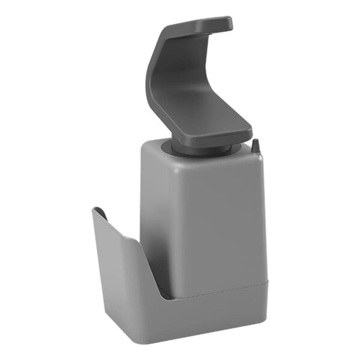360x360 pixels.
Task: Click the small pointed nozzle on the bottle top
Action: (x=256, y=146)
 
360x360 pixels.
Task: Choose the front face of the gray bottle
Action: (x=216, y=222)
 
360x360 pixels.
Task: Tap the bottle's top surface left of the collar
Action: (x=157, y=144)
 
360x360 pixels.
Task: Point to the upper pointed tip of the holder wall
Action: (x=97, y=210)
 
